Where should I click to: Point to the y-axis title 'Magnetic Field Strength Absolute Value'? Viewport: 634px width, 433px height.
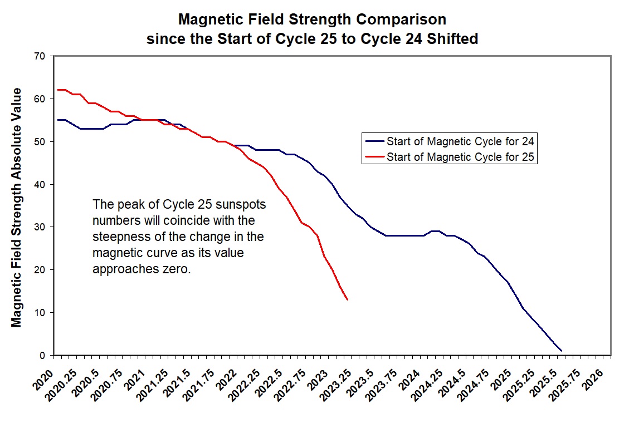(17, 207)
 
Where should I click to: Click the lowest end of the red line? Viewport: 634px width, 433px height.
(348, 300)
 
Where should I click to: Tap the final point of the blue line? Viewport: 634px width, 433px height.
(561, 351)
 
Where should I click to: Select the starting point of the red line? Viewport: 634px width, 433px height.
(57, 90)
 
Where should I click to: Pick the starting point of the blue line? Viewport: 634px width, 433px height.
(57, 120)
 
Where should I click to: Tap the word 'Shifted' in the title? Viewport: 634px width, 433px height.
(452, 40)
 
